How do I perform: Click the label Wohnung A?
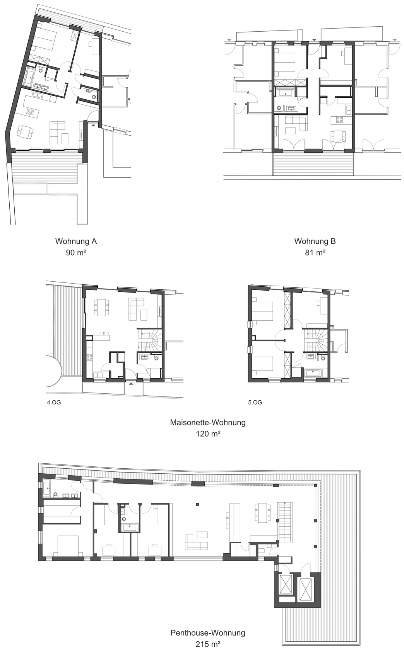coord(76,241)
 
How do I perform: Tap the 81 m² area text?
coord(315,252)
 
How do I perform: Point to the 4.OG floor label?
coord(54,403)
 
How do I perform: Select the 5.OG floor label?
coord(255,403)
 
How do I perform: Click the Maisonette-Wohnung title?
coord(208,422)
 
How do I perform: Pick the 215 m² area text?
coord(208,644)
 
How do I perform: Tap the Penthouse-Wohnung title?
coord(208,633)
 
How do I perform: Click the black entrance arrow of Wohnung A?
coord(93,125)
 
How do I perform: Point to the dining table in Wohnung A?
coord(24,132)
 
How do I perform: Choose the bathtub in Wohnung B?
coord(286,93)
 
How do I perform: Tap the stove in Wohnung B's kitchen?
coord(339,119)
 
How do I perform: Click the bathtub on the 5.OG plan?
coord(313,373)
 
